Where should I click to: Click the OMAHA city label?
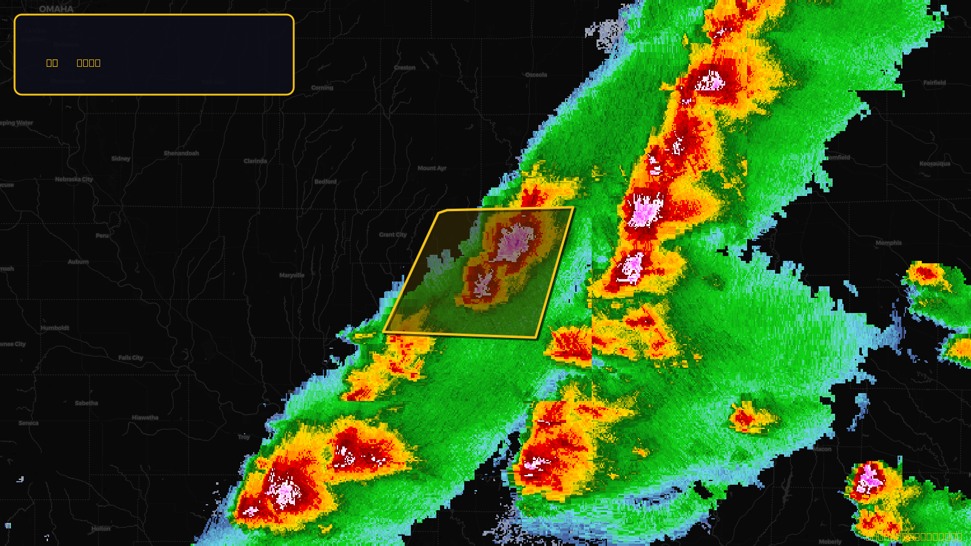click(x=56, y=9)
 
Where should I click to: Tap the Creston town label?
click(x=405, y=68)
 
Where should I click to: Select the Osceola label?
click(x=536, y=75)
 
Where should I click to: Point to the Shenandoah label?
click(x=181, y=153)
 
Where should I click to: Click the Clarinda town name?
click(x=255, y=161)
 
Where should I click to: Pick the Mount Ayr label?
click(x=431, y=168)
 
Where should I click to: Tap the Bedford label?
click(x=325, y=182)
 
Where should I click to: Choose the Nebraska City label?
click(x=74, y=180)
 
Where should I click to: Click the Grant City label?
click(x=393, y=235)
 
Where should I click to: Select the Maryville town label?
click(x=292, y=275)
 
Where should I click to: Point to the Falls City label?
click(x=130, y=358)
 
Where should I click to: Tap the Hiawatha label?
click(x=145, y=418)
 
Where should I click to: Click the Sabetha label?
click(x=86, y=403)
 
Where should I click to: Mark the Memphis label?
click(x=888, y=243)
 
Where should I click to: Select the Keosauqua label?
click(x=935, y=164)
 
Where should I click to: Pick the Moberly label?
click(x=830, y=542)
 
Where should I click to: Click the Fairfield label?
click(x=935, y=83)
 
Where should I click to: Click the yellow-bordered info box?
click(x=154, y=55)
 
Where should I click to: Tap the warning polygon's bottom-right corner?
click(x=537, y=337)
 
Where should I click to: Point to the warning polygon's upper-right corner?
click(x=573, y=208)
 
